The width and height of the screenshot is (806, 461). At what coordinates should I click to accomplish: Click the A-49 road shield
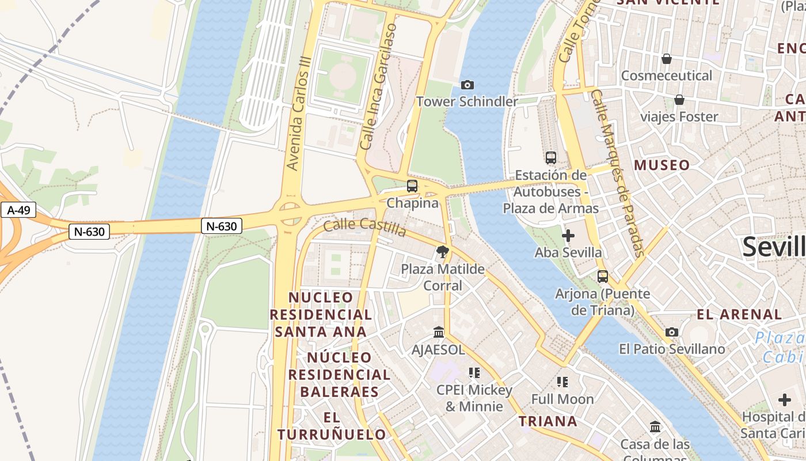(19, 210)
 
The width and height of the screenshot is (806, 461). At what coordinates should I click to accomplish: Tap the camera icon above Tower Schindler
(467, 85)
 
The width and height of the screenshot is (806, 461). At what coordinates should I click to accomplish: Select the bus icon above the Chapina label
(412, 186)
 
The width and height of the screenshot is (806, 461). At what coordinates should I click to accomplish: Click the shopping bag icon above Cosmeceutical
(667, 59)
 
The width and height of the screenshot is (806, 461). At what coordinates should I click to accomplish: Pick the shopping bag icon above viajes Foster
(679, 100)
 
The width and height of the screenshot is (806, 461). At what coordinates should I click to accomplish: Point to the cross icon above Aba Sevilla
(568, 236)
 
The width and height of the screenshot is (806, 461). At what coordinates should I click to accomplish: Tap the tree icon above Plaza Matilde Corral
(443, 252)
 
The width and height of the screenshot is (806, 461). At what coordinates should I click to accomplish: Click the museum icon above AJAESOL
(439, 332)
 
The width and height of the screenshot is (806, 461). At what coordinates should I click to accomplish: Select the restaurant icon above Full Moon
(562, 381)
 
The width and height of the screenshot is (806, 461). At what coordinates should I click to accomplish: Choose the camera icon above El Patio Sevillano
(672, 332)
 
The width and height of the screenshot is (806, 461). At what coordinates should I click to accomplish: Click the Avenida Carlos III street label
(299, 114)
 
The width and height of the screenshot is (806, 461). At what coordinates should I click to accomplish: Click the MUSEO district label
(661, 165)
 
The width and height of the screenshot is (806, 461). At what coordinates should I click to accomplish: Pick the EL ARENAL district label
(739, 315)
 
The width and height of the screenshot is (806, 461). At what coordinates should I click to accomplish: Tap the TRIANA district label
(548, 421)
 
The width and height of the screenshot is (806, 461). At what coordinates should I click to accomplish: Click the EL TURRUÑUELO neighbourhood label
(331, 426)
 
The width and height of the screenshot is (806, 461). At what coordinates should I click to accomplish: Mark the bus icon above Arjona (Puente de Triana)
(603, 277)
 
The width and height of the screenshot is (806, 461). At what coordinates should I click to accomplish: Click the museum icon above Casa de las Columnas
(655, 427)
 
